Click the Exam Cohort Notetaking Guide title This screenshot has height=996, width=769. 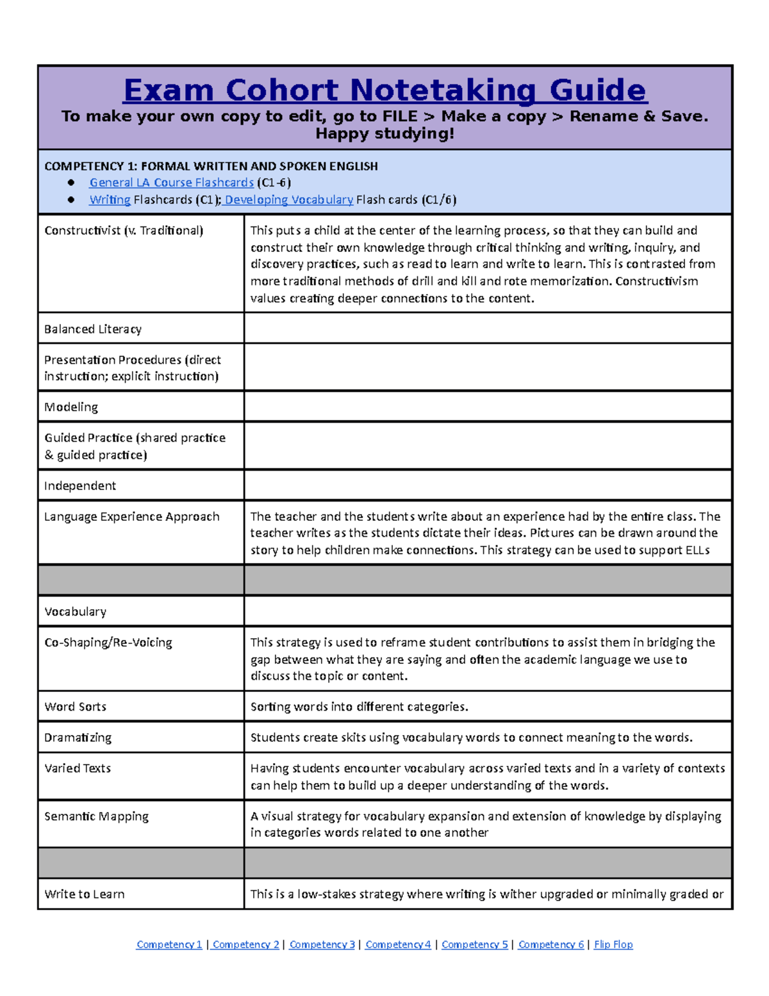point(385,90)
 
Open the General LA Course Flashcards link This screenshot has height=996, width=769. point(171,183)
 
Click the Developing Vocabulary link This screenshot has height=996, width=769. point(288,200)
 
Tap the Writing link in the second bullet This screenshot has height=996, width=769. point(110,200)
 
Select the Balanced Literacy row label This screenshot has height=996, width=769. point(93,329)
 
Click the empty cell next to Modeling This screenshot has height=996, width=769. point(487,407)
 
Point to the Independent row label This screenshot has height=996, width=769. point(80,485)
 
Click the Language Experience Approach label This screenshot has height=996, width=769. point(132,516)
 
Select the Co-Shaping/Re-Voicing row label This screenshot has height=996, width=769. point(108,643)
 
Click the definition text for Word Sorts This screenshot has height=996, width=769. point(359,707)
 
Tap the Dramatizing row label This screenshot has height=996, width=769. point(78,738)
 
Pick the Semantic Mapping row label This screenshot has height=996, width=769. point(96,816)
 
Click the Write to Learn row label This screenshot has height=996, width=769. point(85,894)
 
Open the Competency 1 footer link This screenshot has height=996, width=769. point(169,944)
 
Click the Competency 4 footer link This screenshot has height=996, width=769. point(398,944)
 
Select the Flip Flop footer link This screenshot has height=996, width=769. point(613,944)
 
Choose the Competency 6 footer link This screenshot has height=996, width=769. point(551,944)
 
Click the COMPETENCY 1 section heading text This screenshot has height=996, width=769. point(211,166)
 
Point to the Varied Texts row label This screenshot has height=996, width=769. point(78,768)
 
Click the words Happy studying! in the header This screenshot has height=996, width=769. point(384,133)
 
